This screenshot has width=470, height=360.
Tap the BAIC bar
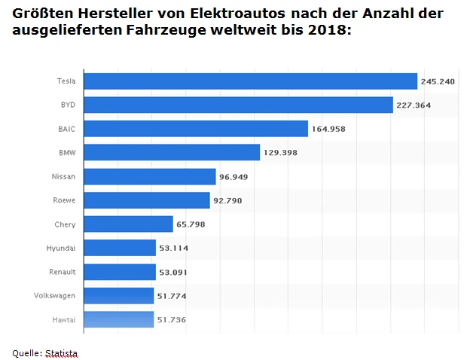coord(196,129)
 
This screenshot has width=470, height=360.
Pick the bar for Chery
coord(129,224)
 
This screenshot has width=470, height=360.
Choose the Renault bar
coord(119,272)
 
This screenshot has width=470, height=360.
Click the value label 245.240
coord(438,81)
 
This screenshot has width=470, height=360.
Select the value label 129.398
coord(281,153)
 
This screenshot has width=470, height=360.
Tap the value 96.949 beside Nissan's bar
coord(233,177)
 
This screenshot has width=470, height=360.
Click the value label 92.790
coord(227,201)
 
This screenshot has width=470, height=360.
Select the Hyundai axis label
coord(61,249)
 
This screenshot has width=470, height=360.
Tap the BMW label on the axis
coord(67,153)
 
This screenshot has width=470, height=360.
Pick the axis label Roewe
coord(65,200)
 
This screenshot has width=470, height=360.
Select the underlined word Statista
coord(61,353)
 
